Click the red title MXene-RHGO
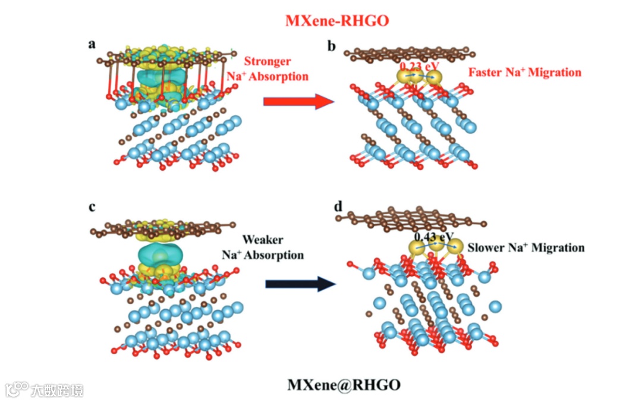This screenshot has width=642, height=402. click(x=337, y=21)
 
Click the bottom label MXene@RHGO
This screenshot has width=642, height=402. click(x=344, y=384)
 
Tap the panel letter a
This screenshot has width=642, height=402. click(x=92, y=43)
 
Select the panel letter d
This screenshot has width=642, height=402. click(x=338, y=207)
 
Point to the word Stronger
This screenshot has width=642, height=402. click(x=268, y=61)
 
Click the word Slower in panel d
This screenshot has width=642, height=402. click(x=487, y=247)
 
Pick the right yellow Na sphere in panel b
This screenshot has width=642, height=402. click(x=435, y=77)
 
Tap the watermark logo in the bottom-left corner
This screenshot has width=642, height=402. click(x=17, y=389)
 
